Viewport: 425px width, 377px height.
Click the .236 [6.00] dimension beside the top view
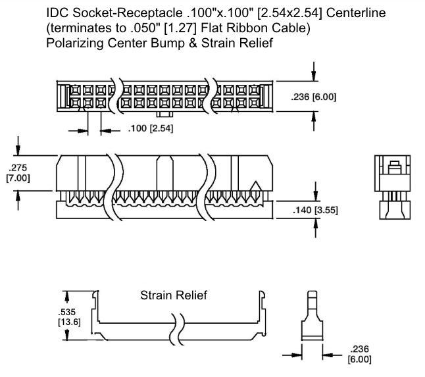tap(314, 97)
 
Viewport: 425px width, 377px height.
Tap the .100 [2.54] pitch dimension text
tap(150, 128)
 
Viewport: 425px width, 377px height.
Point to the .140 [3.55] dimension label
tap(314, 210)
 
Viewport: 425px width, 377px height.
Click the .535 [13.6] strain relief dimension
tap(66, 316)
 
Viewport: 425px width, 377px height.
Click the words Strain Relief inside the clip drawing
tap(173, 295)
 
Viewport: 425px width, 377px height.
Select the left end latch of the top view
tap(64, 96)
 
